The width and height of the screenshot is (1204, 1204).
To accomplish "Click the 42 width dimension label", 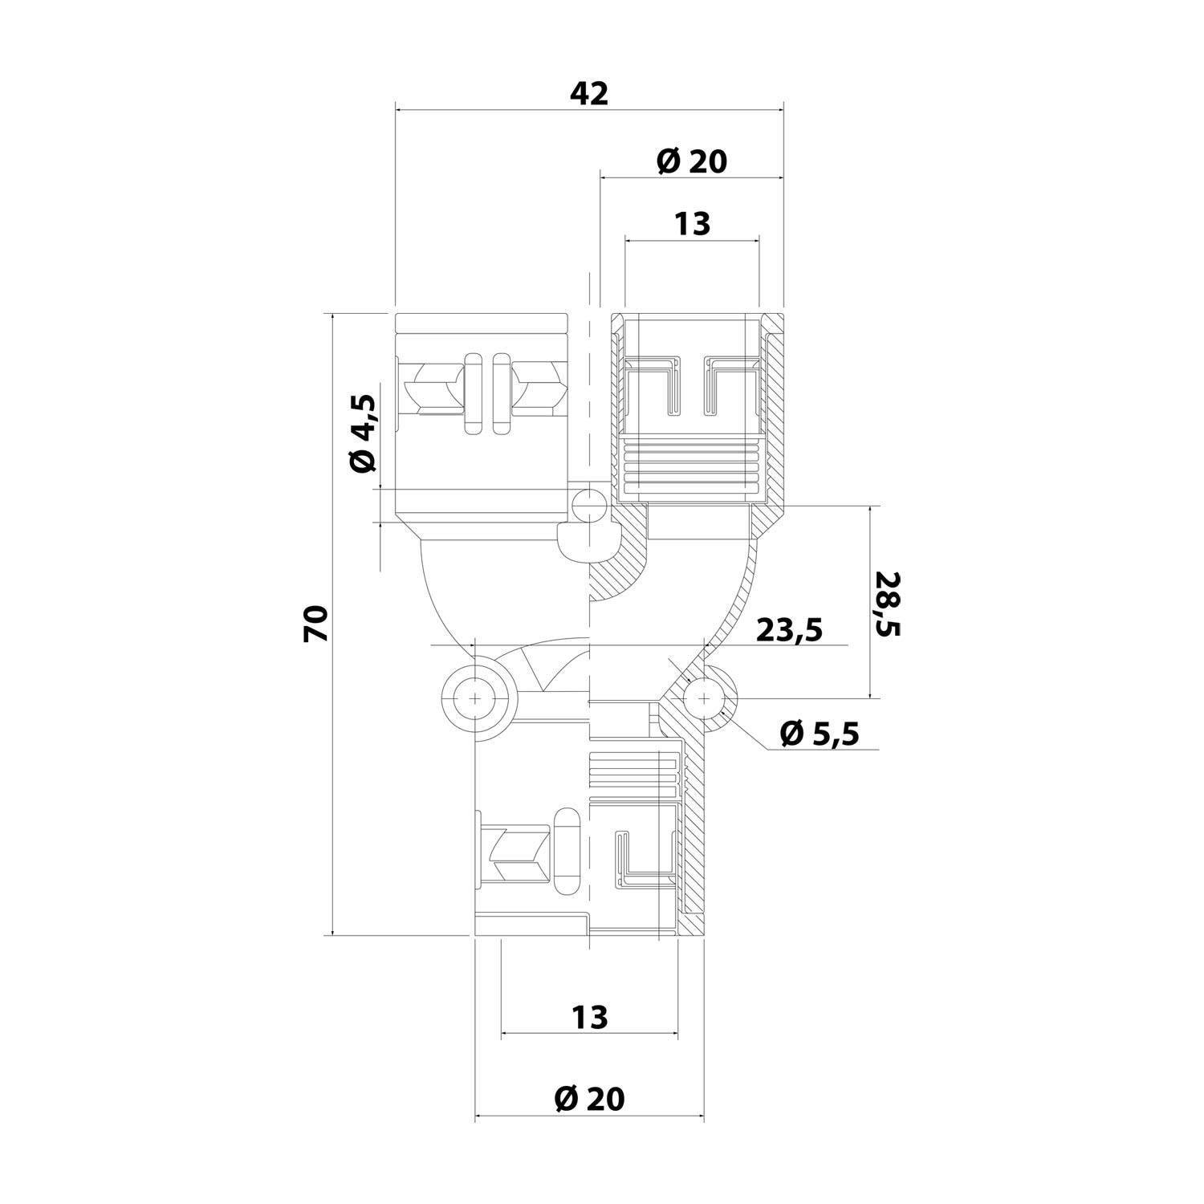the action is (590, 95).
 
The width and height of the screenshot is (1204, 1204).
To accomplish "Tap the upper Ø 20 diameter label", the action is (692, 161).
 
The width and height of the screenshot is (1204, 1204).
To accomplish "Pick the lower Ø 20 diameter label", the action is (590, 1099).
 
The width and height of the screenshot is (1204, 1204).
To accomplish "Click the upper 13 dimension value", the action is (693, 223).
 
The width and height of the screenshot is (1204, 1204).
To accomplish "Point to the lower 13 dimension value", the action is (591, 1018).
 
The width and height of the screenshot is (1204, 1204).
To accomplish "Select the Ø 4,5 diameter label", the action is (363, 434).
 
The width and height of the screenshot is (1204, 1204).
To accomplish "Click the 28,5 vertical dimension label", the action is (888, 604).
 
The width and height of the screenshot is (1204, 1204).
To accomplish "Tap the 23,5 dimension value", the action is (790, 630).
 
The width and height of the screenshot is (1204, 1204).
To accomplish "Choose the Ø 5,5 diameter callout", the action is (820, 732).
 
